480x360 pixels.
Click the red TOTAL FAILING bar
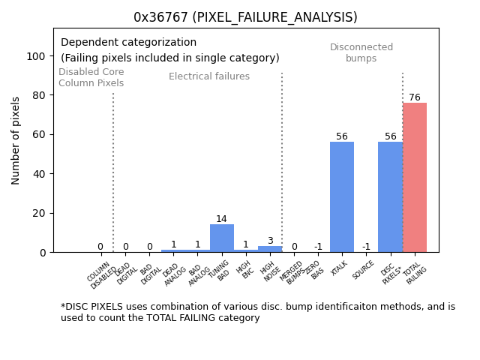(415, 178)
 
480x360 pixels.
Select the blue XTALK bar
(342, 196)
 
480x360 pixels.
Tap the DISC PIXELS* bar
(390, 196)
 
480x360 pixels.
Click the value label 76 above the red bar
(415, 97)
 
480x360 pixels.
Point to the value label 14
(221, 219)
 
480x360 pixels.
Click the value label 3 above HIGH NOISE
(270, 241)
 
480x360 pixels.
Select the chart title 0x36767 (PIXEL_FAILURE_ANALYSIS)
(245, 17)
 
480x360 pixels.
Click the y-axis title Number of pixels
(16, 140)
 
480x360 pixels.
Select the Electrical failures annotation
(209, 76)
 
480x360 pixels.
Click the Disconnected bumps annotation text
(361, 52)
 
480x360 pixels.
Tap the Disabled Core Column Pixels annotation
(91, 77)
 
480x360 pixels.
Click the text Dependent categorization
(128, 43)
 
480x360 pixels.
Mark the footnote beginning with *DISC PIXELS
(257, 312)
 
